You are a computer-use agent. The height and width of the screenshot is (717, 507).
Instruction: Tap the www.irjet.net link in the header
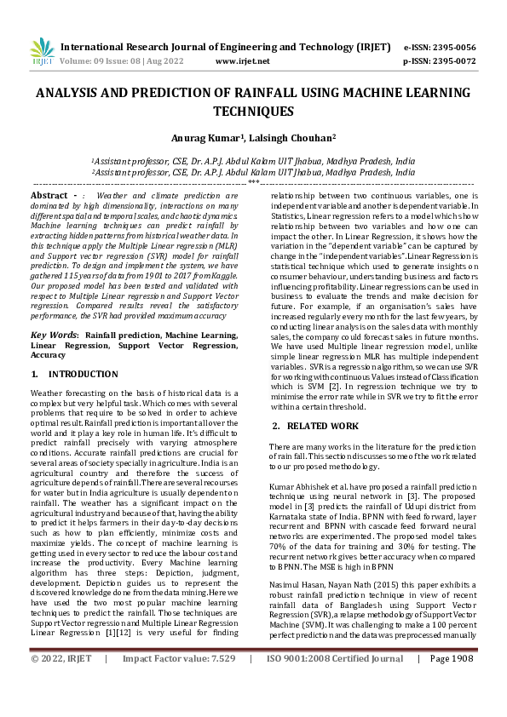tap(243, 61)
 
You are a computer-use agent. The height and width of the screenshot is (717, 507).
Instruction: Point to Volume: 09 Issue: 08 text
tap(107, 61)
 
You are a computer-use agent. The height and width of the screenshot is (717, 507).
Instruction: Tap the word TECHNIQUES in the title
tap(253, 111)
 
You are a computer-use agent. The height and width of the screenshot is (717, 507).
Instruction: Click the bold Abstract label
tap(49, 196)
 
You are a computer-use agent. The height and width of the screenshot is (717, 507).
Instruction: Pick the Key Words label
tap(54, 336)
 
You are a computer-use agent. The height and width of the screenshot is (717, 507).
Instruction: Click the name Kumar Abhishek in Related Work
tap(299, 486)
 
